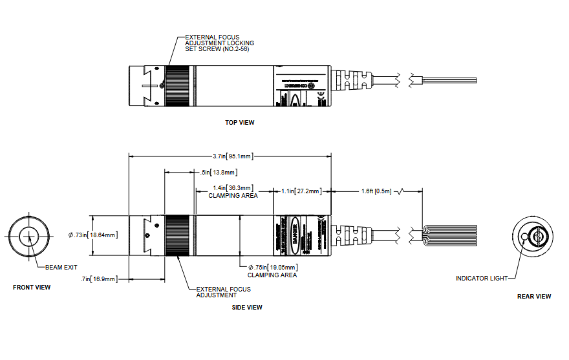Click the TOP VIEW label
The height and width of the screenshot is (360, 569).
(239, 122)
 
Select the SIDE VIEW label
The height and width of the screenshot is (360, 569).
(247, 308)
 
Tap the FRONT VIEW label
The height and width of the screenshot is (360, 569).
(32, 288)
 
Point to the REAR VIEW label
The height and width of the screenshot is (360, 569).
(534, 297)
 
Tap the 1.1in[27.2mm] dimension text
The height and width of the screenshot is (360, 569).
(302, 191)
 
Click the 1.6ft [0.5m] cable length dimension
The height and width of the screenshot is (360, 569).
(376, 191)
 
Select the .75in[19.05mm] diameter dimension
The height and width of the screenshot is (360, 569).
(272, 267)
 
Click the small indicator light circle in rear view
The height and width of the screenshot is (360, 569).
(524, 237)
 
